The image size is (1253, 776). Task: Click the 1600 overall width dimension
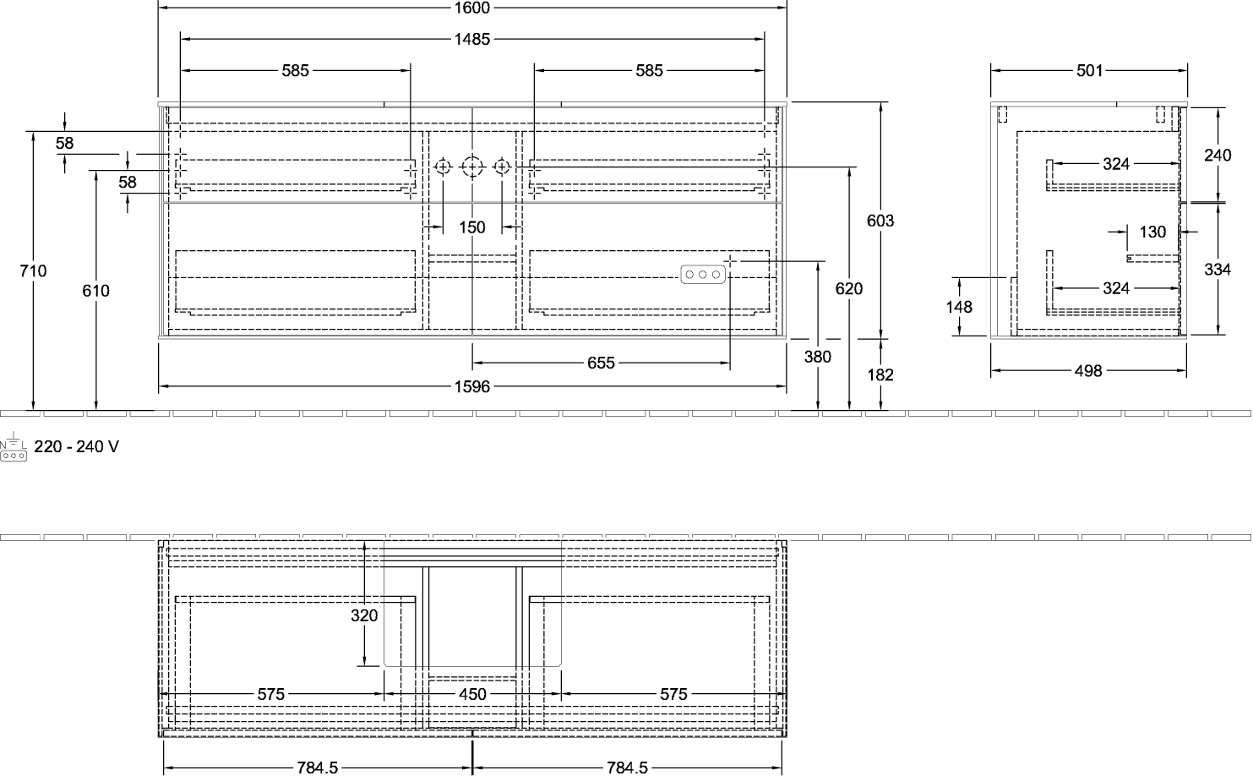point(472,8)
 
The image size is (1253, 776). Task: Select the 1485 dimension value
point(472,39)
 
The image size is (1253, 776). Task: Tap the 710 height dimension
point(33,271)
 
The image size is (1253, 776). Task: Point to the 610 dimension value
point(95,291)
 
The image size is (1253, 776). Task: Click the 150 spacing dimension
point(472,227)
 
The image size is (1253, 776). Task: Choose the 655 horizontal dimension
point(601,363)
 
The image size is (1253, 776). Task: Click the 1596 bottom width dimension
point(472,386)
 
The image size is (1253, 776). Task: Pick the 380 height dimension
point(817,357)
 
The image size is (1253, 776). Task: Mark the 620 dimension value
point(848,289)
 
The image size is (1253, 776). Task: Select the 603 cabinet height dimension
point(880,221)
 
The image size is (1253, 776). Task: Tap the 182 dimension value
point(880,374)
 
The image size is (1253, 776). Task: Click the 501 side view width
point(1090,70)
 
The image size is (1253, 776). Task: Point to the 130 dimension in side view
point(1152,232)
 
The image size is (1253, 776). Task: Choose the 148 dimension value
point(959,307)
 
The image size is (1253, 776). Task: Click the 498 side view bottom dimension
point(1088,371)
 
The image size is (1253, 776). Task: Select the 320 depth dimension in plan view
point(364,615)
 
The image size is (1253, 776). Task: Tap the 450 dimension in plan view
point(472,694)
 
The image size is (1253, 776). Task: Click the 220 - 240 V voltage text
point(77,446)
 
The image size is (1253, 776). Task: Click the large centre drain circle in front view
point(472,167)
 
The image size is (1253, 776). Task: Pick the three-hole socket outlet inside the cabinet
point(703,275)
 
